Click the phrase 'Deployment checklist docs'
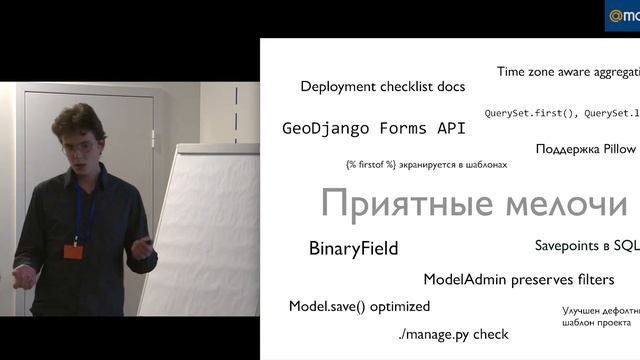pyautogui.click(x=382, y=87)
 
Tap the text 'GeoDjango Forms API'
pyautogui.click(x=368, y=129)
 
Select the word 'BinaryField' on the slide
pyautogui.click(x=353, y=248)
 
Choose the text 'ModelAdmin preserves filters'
pyautogui.click(x=518, y=279)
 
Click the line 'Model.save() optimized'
pyautogui.click(x=359, y=306)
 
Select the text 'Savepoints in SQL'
pyautogui.click(x=586, y=245)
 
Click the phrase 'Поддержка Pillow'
pyautogui.click(x=585, y=149)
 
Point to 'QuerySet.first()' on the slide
pyautogui.click(x=521, y=113)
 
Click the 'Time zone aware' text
pyautogui.click(x=550, y=72)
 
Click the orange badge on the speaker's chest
pyautogui.click(x=72, y=251)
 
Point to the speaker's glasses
pyautogui.click(x=80, y=148)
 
